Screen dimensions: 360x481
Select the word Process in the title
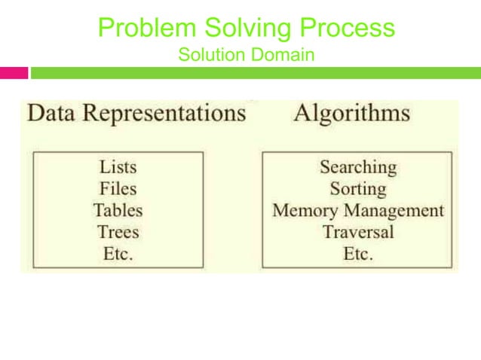click(348, 28)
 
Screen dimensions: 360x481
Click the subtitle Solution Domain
click(246, 55)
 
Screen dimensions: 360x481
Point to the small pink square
click(14, 73)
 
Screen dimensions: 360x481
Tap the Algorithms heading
click(352, 114)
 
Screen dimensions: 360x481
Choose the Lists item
click(118, 166)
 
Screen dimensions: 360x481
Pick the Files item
click(118, 188)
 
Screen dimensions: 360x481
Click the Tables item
click(118, 210)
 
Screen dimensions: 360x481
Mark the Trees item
click(118, 232)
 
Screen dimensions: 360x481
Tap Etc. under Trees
click(118, 254)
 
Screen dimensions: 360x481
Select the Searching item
click(357, 166)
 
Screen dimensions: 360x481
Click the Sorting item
click(357, 188)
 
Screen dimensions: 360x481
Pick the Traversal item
click(357, 232)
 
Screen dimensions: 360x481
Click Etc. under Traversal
click(357, 254)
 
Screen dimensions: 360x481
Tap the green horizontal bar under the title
click(255, 73)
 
